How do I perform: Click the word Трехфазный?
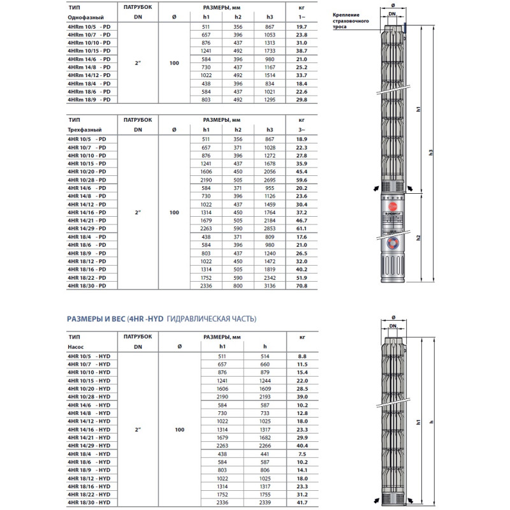[x=85, y=130]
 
